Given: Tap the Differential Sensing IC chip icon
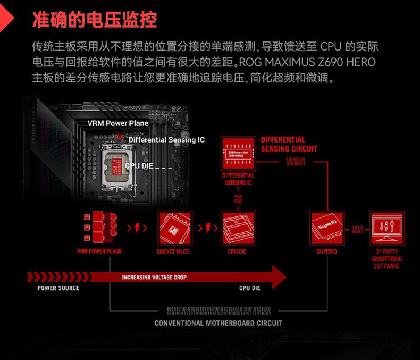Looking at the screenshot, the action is tap(238, 153).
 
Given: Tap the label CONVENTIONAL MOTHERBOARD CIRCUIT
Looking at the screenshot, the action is tap(219, 323).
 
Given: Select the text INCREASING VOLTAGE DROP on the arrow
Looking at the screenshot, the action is tap(154, 277).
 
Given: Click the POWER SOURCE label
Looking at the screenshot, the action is tap(58, 288).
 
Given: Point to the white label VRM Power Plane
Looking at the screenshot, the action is tap(118, 123).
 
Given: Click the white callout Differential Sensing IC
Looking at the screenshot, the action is tap(166, 140).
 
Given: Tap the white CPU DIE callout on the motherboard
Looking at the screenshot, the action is tap(139, 166).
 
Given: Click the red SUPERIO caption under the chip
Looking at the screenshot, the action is tap(327, 252).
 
